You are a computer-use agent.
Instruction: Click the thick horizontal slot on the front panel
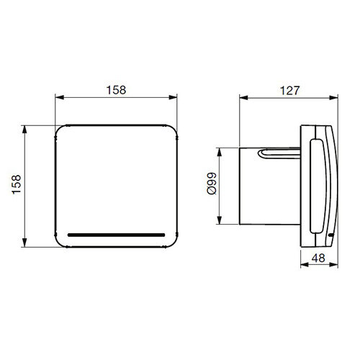pos(116,234)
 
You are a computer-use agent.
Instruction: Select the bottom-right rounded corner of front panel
pos(171,239)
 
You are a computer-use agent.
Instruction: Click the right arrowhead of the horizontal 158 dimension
pos(175,99)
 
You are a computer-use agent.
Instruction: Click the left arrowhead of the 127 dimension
pos(242,99)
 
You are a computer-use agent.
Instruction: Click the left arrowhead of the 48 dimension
pos(302,266)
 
